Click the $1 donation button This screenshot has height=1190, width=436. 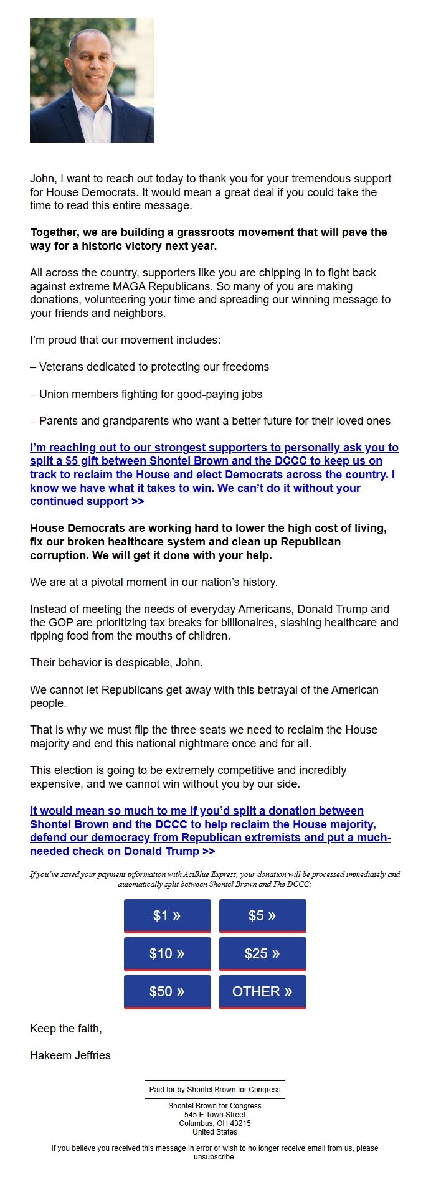[x=167, y=915]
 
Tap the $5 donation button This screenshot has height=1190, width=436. [x=262, y=915]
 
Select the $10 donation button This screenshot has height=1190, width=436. [x=167, y=953]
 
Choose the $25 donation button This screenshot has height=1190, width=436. [x=262, y=953]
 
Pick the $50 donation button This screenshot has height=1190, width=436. [x=167, y=991]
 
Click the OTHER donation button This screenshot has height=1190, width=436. [x=262, y=991]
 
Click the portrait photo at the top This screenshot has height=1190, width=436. [x=92, y=80]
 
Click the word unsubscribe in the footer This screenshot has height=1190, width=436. [x=214, y=1157]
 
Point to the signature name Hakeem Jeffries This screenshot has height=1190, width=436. [x=70, y=1055]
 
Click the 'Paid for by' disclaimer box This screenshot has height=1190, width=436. [x=215, y=1090]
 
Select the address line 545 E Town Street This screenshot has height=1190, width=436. [x=215, y=1115]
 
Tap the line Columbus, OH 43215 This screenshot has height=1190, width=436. [x=215, y=1123]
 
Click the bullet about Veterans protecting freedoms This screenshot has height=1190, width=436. [x=149, y=367]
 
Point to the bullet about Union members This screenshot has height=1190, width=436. [x=146, y=394]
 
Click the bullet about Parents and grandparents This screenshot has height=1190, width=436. [x=211, y=421]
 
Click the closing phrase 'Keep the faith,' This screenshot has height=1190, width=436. [x=66, y=1029]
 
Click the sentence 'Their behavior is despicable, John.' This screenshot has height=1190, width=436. [x=116, y=663]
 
